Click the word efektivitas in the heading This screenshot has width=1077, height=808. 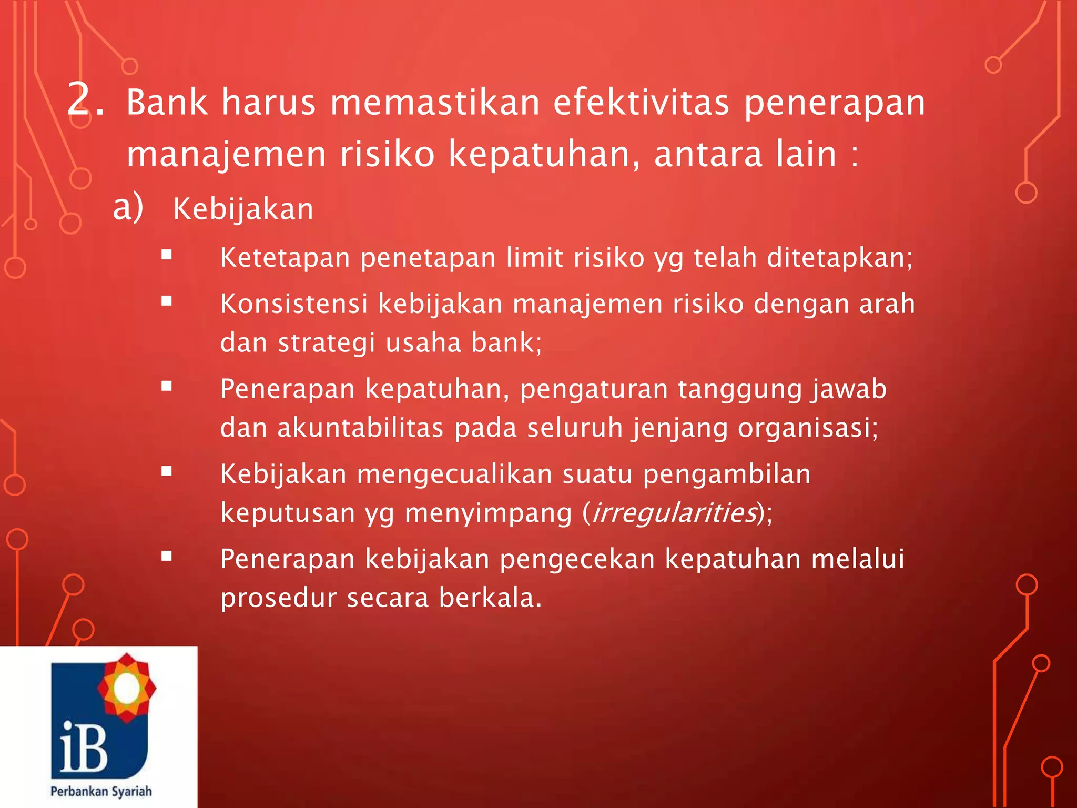click(641, 102)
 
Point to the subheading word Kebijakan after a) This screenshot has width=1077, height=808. click(243, 209)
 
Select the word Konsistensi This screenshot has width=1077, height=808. click(293, 304)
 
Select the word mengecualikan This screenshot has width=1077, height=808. click(454, 474)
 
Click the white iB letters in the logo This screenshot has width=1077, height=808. click(84, 747)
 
